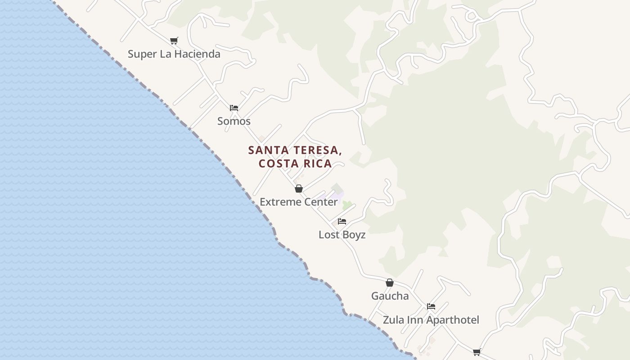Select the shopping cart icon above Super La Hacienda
point(174,40)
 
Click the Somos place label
point(234,121)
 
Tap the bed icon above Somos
point(234,108)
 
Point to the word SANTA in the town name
point(265,150)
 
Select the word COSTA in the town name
point(277,163)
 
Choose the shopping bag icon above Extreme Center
point(299,189)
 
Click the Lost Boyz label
point(342,235)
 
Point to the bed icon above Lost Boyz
point(342,221)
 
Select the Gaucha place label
point(390,296)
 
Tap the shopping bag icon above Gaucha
point(390,283)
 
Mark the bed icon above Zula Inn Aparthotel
point(431,306)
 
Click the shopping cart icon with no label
point(477,352)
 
